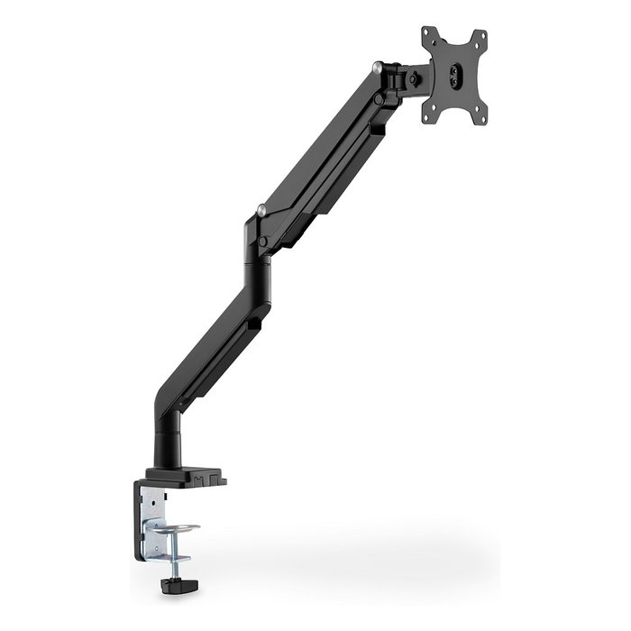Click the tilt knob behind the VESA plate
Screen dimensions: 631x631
click(x=414, y=78)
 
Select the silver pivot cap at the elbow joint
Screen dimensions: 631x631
click(x=261, y=211)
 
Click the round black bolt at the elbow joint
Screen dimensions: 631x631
click(x=261, y=242)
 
